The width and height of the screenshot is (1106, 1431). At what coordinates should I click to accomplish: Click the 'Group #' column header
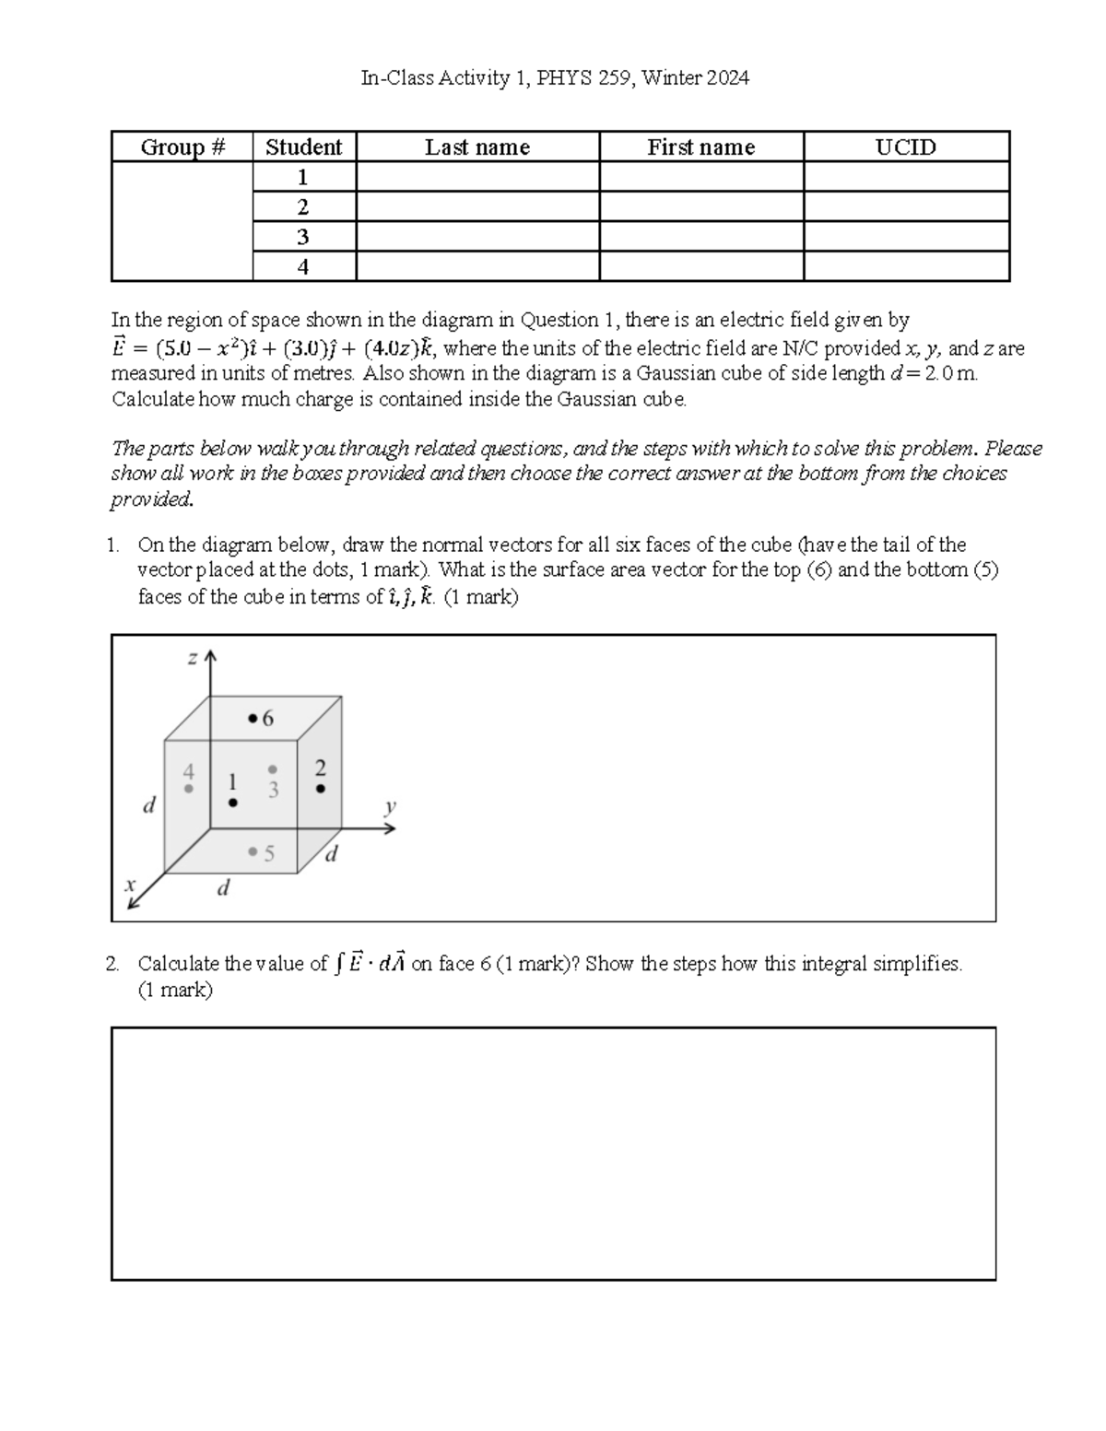[x=182, y=147]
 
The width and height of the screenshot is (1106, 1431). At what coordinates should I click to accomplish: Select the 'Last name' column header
[x=477, y=147]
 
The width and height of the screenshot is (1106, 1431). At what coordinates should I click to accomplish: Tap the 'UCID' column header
[x=906, y=147]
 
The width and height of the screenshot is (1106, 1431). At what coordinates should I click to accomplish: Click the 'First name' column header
[x=700, y=147]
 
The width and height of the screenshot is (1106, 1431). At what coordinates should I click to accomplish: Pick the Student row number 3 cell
[x=303, y=237]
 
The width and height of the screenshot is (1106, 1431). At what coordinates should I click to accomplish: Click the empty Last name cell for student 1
[x=477, y=177]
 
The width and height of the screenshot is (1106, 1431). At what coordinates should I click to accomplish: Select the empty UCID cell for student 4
[x=906, y=266]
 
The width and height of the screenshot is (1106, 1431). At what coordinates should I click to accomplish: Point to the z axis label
[x=193, y=658]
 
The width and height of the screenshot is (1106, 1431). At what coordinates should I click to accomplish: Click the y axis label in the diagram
[x=390, y=807]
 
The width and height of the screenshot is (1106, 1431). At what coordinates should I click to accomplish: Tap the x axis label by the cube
[x=130, y=884]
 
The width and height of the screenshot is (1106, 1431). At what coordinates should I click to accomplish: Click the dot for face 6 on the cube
[x=253, y=718]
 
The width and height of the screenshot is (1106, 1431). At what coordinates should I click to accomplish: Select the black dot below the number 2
[x=320, y=789]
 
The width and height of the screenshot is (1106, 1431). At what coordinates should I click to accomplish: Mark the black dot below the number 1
[x=233, y=803]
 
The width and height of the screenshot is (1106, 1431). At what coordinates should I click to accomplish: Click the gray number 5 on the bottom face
[x=269, y=853]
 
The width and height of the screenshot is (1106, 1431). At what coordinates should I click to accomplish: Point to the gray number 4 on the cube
[x=189, y=770]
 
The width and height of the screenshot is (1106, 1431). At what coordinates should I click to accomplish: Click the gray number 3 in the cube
[x=273, y=790]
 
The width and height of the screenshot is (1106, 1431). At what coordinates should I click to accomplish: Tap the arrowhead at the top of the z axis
[x=211, y=655]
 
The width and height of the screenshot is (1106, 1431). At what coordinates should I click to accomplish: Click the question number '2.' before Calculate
[x=112, y=964]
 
